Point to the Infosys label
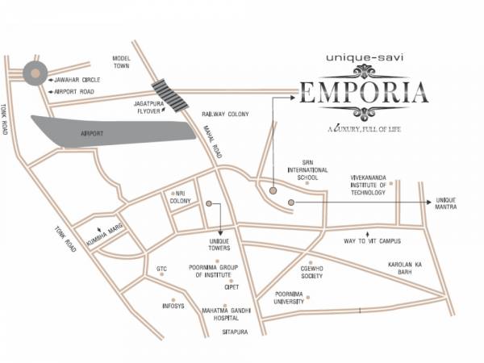tap(173, 306)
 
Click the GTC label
tap(161, 269)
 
